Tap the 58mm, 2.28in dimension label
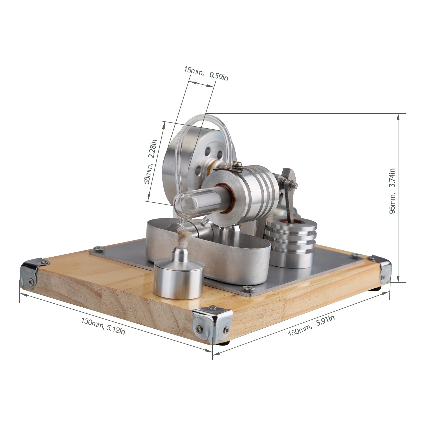click(x=150, y=162)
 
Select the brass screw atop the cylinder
click(x=235, y=165)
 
